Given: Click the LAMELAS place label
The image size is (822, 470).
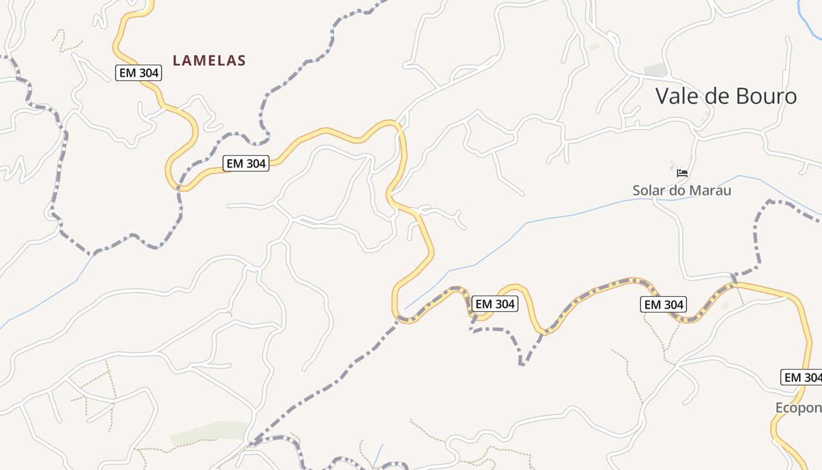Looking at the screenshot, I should tap(209, 60).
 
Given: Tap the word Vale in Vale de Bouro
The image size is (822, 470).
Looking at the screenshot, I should tap(678, 96).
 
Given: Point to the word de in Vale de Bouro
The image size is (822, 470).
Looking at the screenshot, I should tap(715, 96).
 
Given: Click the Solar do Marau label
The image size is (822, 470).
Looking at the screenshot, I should tap(682, 190).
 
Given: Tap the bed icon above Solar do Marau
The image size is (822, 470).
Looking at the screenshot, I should tap(682, 173).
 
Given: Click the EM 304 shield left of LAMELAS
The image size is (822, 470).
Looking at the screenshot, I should tap(139, 73).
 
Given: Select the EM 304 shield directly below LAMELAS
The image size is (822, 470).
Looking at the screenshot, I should tap(246, 163).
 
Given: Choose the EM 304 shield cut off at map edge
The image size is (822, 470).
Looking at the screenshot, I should tap(801, 377).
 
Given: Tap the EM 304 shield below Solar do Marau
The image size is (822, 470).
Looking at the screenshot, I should tap(663, 304).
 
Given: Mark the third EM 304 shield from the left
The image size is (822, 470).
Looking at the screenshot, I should tap(494, 304).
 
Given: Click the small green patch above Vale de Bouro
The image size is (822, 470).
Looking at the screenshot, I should tap(655, 70).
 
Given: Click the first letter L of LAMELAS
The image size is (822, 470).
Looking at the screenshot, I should tap(177, 60).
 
